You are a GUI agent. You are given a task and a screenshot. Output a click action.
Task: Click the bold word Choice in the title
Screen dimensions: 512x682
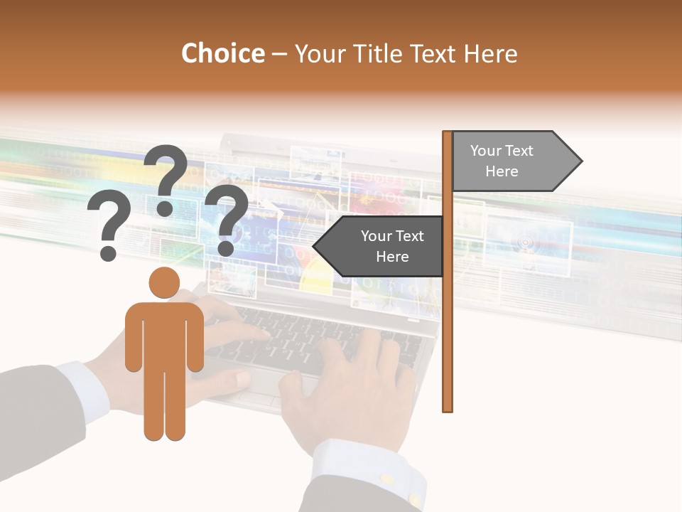[222, 53]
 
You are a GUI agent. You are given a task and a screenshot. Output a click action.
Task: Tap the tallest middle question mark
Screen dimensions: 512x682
[166, 178]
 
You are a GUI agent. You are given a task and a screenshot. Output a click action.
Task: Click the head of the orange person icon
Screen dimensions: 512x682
[164, 283]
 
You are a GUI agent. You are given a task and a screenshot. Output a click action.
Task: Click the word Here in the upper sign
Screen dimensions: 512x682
[502, 171]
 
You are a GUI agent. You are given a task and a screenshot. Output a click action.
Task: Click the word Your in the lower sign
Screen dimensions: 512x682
[375, 236]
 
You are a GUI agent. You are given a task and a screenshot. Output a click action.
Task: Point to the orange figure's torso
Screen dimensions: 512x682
[164, 334]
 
